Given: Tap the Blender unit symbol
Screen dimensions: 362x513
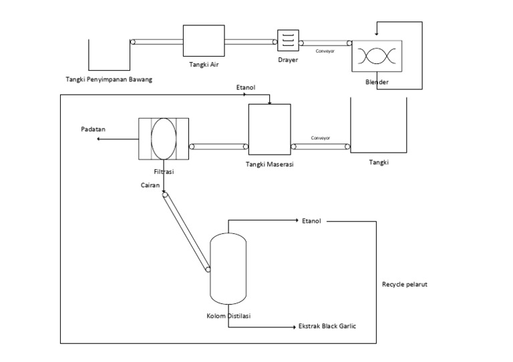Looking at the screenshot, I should tap(377, 56).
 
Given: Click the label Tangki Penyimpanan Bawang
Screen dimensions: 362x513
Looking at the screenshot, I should tap(109, 80).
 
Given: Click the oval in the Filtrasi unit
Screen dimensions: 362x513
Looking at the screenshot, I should tap(162, 139).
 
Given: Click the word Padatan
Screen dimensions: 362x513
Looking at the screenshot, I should tap(94, 129).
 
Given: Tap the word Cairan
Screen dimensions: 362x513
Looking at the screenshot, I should tap(150, 186).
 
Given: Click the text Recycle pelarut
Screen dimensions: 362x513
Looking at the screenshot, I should tap(404, 284).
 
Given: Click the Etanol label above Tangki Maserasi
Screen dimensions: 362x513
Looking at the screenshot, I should tap(245, 87).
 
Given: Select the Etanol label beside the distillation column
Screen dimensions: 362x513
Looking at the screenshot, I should tap(311, 221).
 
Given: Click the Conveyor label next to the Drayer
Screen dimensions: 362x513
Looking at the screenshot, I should tap(325, 51).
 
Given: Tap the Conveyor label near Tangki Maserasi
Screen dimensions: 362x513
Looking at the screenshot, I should tap(321, 138).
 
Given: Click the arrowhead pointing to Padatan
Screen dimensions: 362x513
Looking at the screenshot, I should tap(100, 139).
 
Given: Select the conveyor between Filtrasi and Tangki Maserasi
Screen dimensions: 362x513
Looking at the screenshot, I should tap(218, 147).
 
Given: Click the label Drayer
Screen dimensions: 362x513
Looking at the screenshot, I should tap(288, 60).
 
